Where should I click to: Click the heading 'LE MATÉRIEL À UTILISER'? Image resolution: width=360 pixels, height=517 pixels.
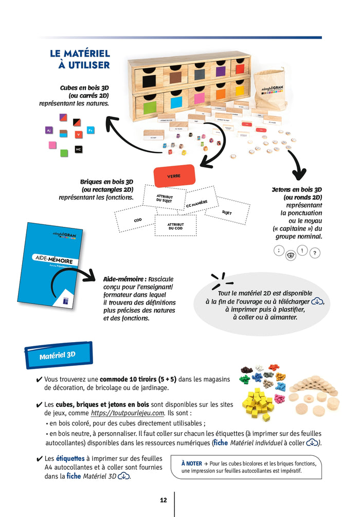(80, 59)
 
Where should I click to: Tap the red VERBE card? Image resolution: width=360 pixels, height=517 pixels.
(174, 176)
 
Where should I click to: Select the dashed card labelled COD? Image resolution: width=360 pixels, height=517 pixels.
(137, 220)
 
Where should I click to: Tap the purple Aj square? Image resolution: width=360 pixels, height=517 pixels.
(48, 131)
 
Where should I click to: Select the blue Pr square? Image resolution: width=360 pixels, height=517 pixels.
(91, 131)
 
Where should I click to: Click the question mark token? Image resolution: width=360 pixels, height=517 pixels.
(315, 253)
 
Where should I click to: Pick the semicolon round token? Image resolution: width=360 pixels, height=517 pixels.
(278, 251)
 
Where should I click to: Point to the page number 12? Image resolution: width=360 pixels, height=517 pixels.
(164, 500)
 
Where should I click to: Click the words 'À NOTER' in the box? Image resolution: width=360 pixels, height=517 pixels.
(191, 463)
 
